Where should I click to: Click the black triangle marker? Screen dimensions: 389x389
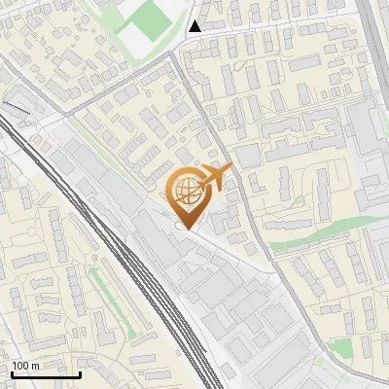pyautogui.click(x=195, y=26)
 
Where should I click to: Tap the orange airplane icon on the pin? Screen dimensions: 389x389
pyautogui.click(x=215, y=176)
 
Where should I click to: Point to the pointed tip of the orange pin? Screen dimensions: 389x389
pyautogui.click(x=186, y=230)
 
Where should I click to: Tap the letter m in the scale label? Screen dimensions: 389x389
pyautogui.click(x=36, y=366)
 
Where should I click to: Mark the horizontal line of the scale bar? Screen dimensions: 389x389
pyautogui.click(x=45, y=374)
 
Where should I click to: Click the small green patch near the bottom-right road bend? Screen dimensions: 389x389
pyautogui.click(x=339, y=347)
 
